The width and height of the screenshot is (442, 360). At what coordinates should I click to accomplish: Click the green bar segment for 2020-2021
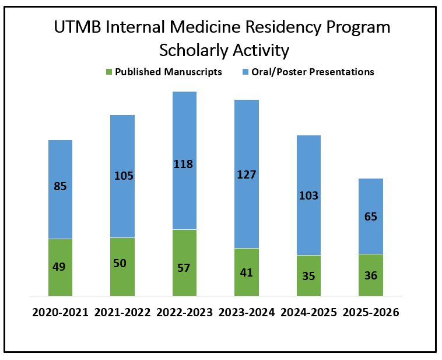point(60,267)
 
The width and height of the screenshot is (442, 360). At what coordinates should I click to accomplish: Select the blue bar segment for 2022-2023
point(185,160)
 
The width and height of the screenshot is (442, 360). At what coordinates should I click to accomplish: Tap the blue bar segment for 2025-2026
point(371,216)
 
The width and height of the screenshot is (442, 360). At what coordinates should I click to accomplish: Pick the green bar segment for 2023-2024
point(247,272)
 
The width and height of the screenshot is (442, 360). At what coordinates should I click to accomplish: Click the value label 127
point(247,175)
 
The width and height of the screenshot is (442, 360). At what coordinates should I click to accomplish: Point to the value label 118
point(183,164)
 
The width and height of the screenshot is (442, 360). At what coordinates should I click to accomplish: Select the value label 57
point(184,268)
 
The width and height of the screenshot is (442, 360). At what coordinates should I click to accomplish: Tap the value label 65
point(371,216)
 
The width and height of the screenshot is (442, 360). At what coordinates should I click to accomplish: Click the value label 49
point(59,267)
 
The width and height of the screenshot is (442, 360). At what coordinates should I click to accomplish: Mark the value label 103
point(308,196)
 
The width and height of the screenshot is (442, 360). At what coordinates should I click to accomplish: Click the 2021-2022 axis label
point(122,313)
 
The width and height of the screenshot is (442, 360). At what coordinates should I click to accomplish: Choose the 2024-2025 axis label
point(308,313)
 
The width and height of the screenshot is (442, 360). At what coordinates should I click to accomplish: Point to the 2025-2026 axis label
point(371,313)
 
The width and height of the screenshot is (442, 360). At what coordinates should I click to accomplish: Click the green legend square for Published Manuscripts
point(109,72)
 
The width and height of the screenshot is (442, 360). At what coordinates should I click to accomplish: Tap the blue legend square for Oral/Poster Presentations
point(245,72)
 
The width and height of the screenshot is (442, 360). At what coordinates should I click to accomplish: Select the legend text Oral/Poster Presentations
point(313,72)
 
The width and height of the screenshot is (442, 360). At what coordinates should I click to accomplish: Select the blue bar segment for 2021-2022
point(122,176)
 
